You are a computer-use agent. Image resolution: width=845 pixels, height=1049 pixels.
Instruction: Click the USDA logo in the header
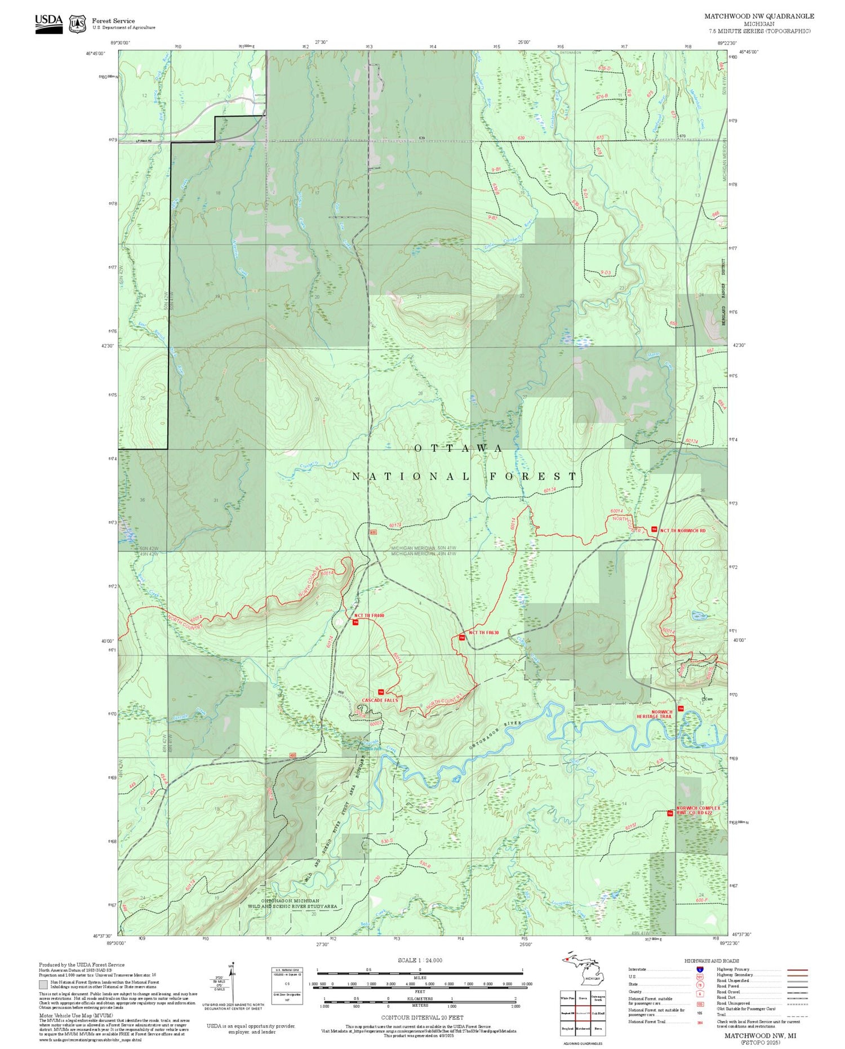click(49, 24)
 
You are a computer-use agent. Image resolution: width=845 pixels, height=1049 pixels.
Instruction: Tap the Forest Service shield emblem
click(77, 24)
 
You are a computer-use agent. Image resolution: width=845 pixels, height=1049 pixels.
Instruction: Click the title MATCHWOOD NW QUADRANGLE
click(759, 16)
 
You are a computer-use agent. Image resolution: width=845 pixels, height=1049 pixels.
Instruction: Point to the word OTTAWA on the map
click(459, 448)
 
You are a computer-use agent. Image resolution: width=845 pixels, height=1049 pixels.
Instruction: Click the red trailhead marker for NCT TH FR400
click(355, 622)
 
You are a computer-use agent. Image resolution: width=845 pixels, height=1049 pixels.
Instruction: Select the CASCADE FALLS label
click(379, 700)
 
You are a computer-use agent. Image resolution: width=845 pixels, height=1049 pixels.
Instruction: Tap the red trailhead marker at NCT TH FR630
click(462, 637)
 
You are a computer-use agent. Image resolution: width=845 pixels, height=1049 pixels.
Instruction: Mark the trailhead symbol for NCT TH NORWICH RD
click(653, 529)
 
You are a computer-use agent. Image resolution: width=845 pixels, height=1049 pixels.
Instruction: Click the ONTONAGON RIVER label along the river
click(496, 734)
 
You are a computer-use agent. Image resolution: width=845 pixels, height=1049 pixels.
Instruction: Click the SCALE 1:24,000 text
click(420, 960)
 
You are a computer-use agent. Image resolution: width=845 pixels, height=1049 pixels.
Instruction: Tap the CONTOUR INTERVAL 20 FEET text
click(422, 1017)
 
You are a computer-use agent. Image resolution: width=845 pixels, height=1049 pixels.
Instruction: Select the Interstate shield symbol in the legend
click(700, 969)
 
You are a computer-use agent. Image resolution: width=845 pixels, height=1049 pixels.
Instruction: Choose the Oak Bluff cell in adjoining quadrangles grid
click(599, 1012)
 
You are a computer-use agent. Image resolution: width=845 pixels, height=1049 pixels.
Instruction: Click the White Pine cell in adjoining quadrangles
click(567, 997)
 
